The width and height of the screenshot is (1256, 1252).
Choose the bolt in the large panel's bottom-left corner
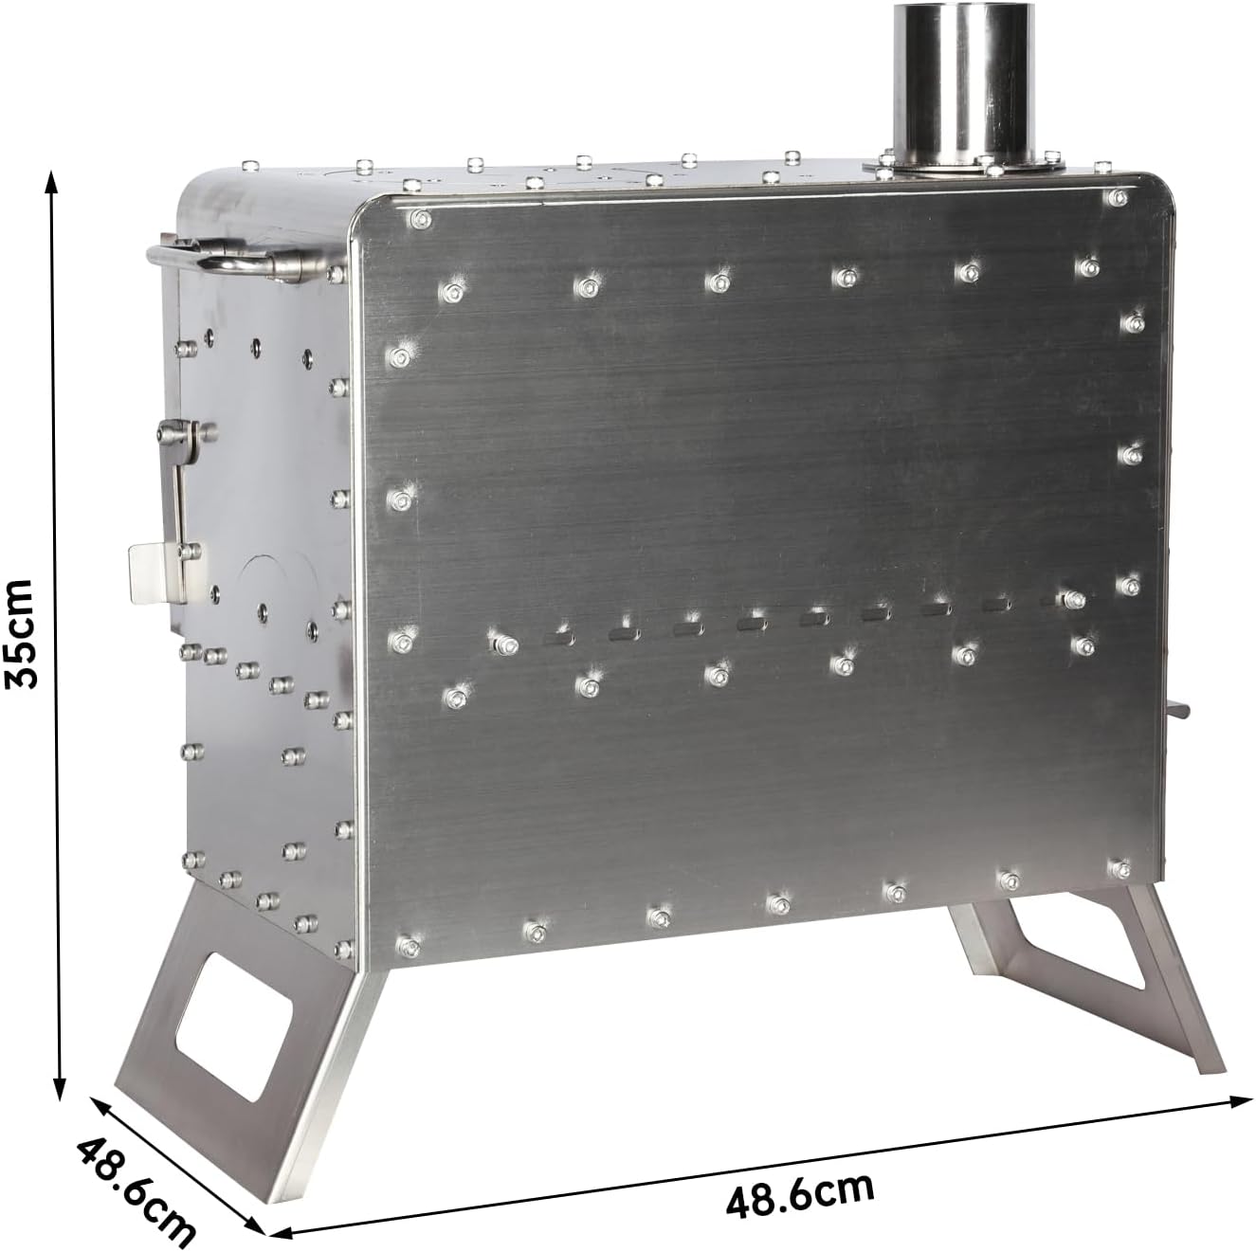coord(409,944)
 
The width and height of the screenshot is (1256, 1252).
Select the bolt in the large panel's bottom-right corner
coord(1120,867)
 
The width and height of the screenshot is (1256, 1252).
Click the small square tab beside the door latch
coord(149,573)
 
